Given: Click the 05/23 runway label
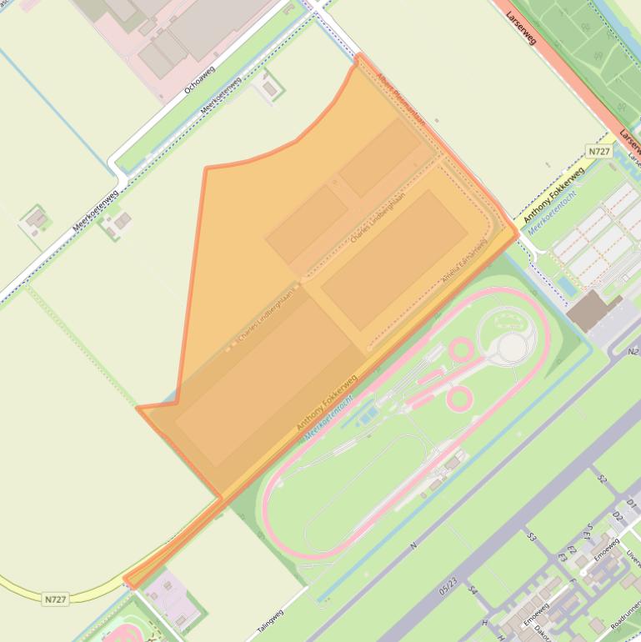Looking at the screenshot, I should [x=448, y=587].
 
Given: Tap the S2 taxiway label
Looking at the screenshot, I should [x=603, y=479].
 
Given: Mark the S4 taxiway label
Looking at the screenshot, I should [x=472, y=591].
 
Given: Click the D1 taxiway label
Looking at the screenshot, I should [x=631, y=504].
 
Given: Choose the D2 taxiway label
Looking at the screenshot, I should [x=618, y=518].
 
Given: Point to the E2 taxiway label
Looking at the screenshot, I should [x=572, y=551].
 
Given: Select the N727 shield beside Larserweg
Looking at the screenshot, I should [x=598, y=151].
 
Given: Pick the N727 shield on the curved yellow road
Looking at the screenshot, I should [x=55, y=599].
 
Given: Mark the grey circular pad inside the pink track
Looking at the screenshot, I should [x=512, y=348].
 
